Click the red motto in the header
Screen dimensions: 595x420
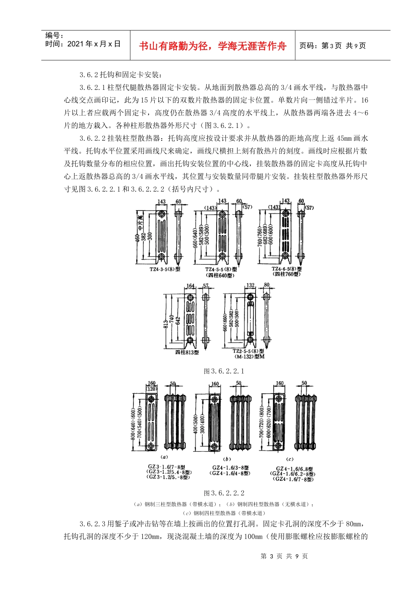(213, 46)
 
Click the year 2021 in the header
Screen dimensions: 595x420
(75, 44)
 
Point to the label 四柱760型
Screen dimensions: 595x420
(286, 274)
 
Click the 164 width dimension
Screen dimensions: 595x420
(191, 286)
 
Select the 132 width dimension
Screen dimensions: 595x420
(250, 286)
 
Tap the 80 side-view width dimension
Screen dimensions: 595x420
(267, 286)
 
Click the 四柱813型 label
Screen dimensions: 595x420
(187, 352)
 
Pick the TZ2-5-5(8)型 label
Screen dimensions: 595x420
(248, 351)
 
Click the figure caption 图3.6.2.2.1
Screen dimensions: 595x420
(224, 371)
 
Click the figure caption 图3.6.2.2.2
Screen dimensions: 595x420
(224, 493)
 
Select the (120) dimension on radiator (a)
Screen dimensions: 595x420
(152, 389)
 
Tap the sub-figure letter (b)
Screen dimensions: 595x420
(227, 459)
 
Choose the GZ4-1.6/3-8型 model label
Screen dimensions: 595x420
(230, 467)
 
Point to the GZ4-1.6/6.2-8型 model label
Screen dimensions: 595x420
(293, 474)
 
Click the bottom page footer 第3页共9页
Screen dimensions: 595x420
(284, 556)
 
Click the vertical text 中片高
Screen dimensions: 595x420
(141, 224)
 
